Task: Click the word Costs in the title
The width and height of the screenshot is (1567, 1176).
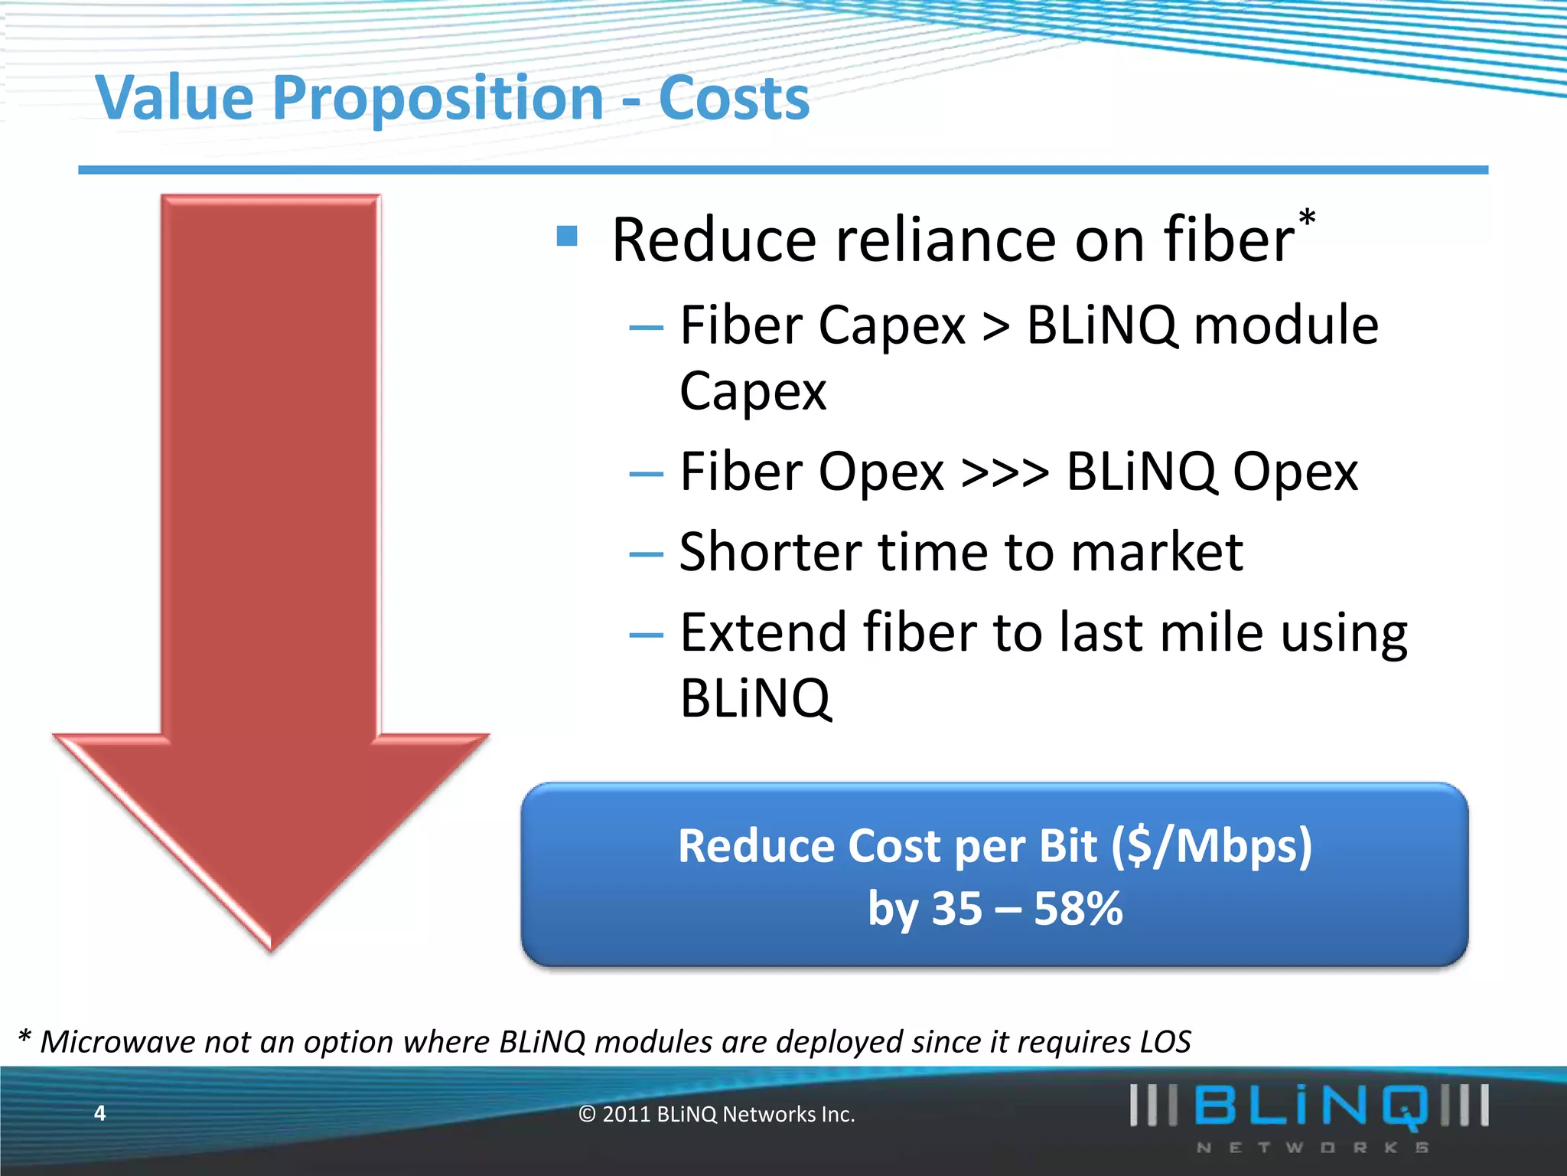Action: click(733, 100)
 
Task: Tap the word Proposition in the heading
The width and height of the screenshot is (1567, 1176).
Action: click(438, 100)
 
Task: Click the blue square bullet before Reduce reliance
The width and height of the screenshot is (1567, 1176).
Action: click(567, 235)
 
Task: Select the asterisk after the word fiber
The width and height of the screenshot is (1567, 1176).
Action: click(1307, 218)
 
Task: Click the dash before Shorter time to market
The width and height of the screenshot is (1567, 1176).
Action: click(645, 554)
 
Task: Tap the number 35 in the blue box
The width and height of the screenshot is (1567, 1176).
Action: click(956, 910)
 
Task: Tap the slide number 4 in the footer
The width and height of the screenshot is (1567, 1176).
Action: click(99, 1113)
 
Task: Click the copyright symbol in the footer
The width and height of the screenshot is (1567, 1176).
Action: click(587, 1115)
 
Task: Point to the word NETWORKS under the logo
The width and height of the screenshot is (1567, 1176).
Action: click(1311, 1148)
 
